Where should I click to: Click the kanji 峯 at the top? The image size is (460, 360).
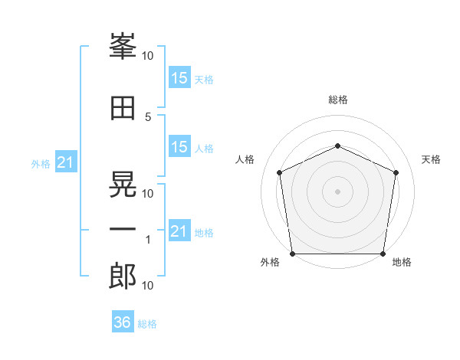click(x=123, y=48)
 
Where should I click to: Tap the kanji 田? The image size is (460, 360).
click(x=123, y=110)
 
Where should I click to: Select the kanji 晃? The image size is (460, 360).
click(x=123, y=181)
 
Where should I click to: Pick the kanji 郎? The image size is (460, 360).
click(x=123, y=277)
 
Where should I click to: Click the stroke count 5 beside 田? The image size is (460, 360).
click(x=149, y=117)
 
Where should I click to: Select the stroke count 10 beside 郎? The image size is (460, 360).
click(x=148, y=286)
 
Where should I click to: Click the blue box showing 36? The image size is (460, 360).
click(x=123, y=322)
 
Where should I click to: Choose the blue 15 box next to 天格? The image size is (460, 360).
click(x=179, y=78)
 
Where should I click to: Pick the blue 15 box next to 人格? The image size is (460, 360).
click(x=179, y=147)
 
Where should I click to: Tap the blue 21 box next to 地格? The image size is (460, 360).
click(x=179, y=231)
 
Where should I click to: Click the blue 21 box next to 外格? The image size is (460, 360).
click(x=65, y=162)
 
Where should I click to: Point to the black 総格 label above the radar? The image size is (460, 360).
click(x=338, y=100)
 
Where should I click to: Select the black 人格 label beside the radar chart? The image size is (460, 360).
click(x=245, y=159)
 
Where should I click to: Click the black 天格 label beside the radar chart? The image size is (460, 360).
click(x=431, y=159)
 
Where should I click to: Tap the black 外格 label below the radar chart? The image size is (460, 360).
click(x=270, y=263)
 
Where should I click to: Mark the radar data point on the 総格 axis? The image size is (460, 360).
click(x=337, y=146)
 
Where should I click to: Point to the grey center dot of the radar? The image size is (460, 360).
click(x=337, y=191)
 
